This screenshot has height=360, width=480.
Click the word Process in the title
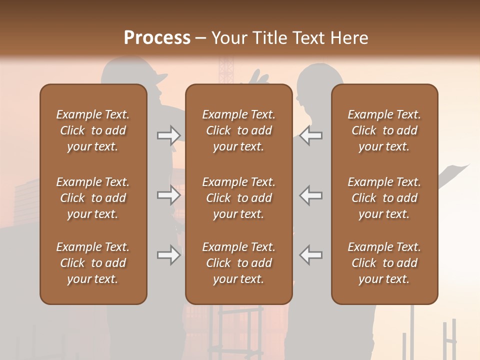[157, 38]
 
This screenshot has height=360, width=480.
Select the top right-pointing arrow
[168, 135]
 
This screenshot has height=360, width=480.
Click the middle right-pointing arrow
[168, 195]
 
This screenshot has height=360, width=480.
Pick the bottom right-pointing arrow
[168, 255]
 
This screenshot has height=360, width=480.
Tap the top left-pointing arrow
[310, 135]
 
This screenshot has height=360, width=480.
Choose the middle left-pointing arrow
[310, 195]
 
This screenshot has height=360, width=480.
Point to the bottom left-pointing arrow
[310, 255]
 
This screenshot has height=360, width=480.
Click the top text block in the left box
[93, 130]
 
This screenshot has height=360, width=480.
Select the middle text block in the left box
[93, 198]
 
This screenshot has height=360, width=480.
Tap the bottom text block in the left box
[93, 263]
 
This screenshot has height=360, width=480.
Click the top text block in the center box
[239, 130]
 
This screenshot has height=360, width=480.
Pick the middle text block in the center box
[239, 198]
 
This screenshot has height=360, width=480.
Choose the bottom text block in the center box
[239, 263]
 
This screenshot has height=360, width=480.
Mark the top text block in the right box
[384, 130]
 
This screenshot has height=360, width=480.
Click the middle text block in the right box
[384, 198]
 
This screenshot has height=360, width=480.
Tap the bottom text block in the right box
[384, 263]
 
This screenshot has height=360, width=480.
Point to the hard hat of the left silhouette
[132, 72]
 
